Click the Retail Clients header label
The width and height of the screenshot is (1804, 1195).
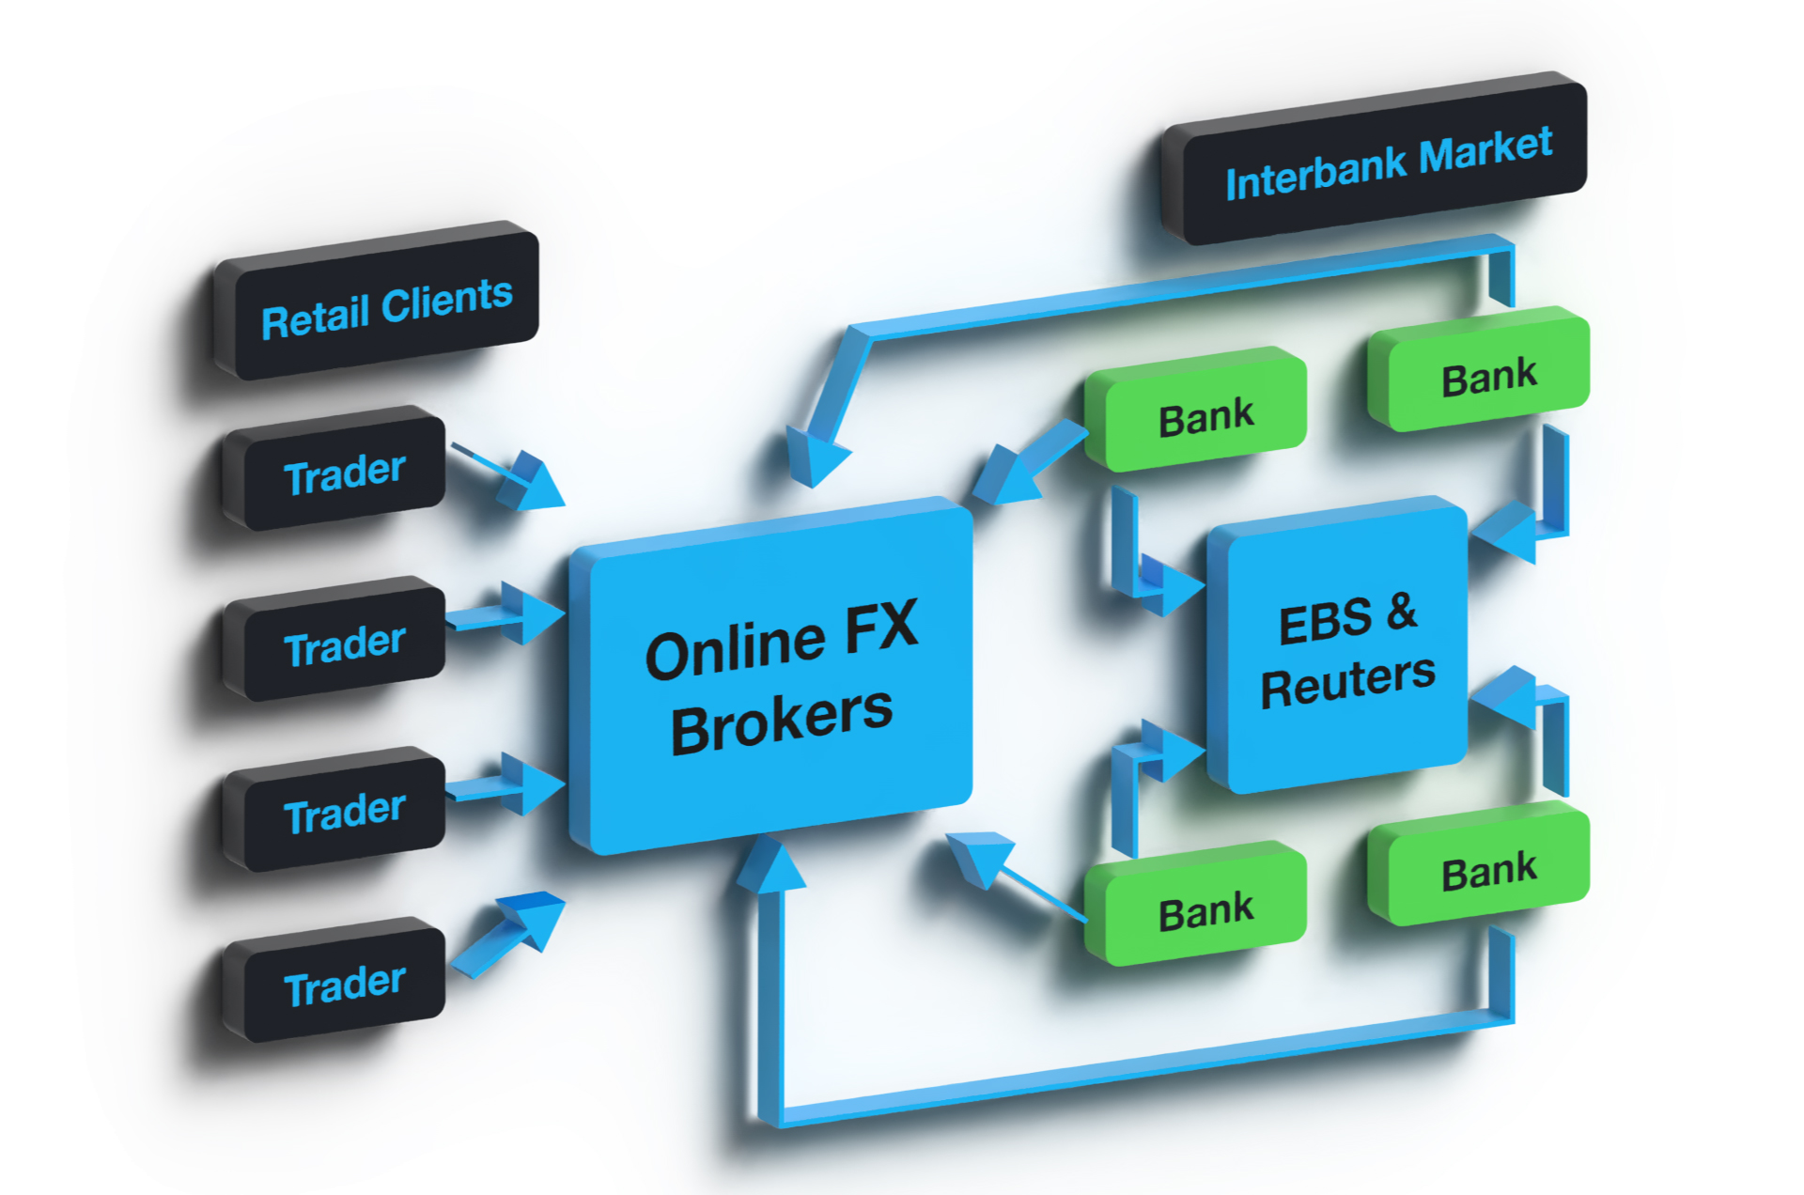[386, 308]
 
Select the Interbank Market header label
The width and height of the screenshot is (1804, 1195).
[1388, 163]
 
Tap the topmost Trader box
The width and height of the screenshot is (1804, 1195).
[344, 473]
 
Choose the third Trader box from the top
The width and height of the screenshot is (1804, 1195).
[344, 813]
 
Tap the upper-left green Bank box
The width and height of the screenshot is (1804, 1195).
[1205, 416]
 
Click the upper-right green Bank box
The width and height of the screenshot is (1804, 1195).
[1488, 377]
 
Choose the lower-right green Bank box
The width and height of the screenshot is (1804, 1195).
[1488, 871]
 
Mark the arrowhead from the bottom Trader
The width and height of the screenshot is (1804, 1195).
[532, 916]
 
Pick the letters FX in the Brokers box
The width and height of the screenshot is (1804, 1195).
[881, 628]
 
